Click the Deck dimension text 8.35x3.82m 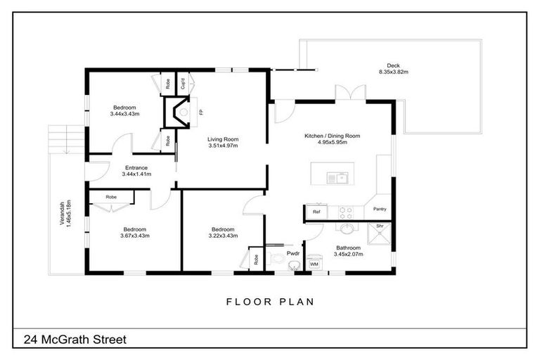coord(394,72)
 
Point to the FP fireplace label coord(200,112)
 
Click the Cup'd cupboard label coord(182,83)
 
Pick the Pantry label coord(380,209)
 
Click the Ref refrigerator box coord(316,211)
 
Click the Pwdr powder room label coord(294,253)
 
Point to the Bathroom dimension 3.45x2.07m coord(348,255)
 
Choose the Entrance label coord(136,167)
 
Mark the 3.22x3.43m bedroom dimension coord(222,236)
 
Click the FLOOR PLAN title coord(269,302)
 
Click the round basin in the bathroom coord(347,227)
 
